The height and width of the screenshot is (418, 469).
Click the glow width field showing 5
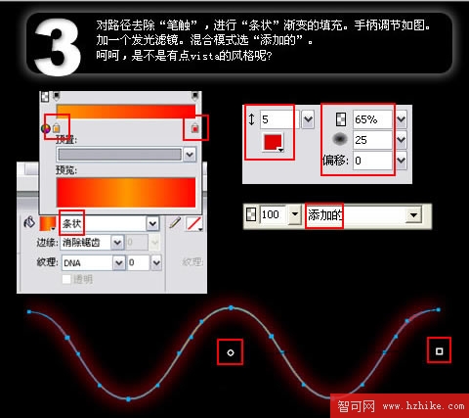pos(277,118)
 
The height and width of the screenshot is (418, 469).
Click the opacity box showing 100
pos(272,213)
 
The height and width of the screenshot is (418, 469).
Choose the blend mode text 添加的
pos(326,213)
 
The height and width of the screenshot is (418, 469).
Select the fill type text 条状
pos(72,223)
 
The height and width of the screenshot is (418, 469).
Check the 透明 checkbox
pos(66,280)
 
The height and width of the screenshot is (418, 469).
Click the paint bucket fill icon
pos(28,223)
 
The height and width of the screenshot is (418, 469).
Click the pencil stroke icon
pos(176,223)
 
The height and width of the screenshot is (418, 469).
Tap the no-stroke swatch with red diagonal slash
pos(193,223)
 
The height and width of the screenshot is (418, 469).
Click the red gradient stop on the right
pos(195,128)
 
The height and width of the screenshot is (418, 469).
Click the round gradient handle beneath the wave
pos(231,349)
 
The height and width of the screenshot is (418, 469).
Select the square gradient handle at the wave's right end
pos(440,349)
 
